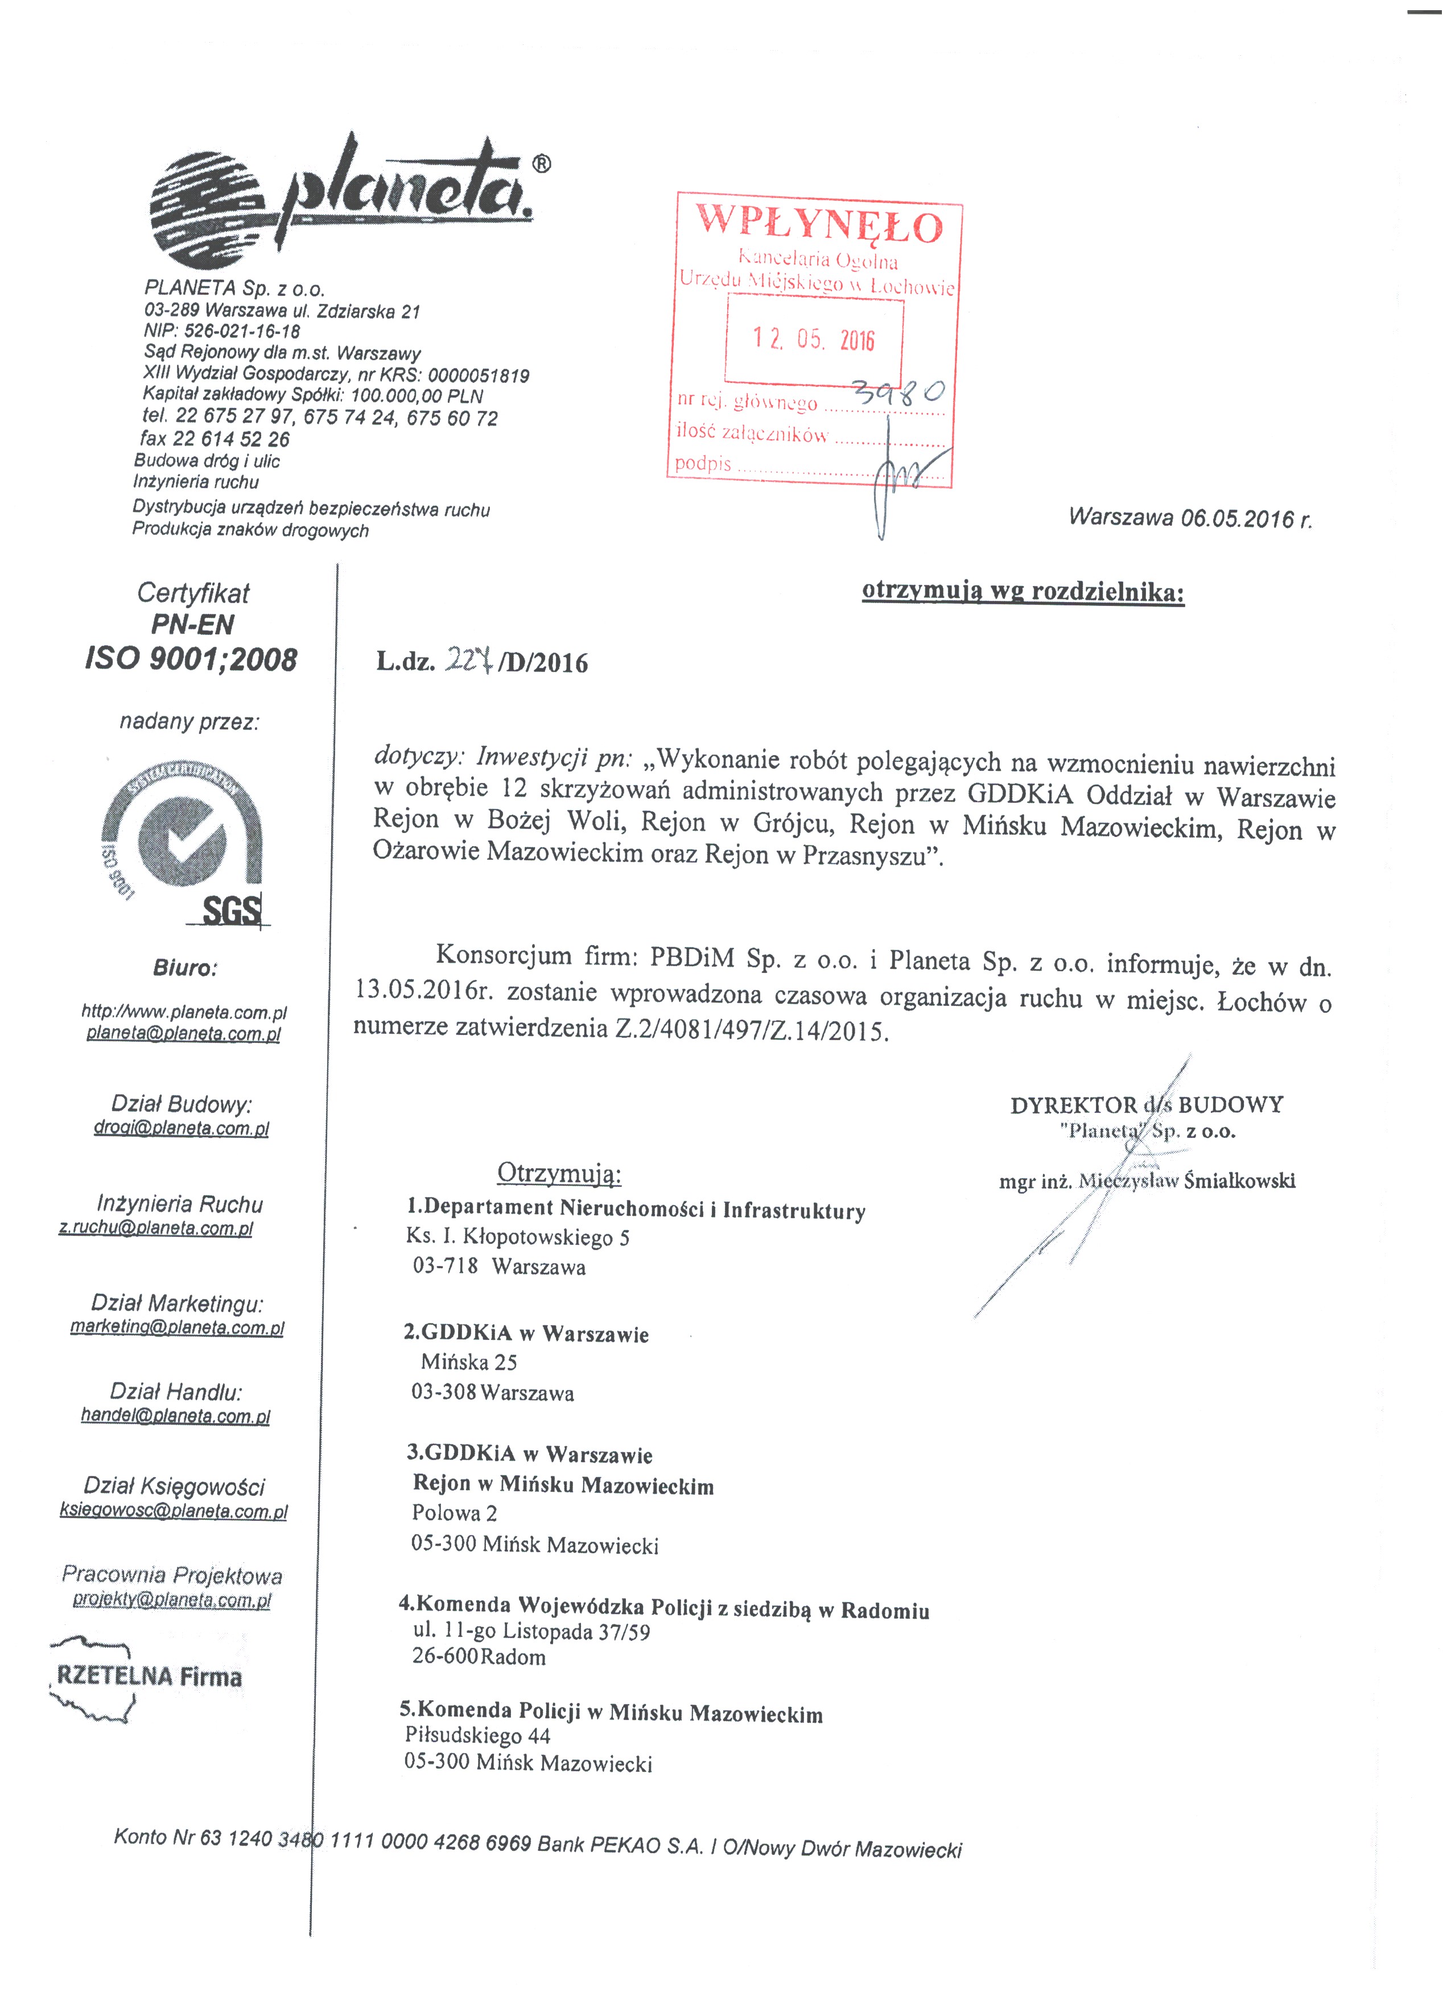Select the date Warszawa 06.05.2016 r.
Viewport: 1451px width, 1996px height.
coord(1190,517)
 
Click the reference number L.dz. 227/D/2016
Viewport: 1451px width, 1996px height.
coord(482,661)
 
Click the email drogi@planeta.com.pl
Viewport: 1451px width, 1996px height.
coord(182,1128)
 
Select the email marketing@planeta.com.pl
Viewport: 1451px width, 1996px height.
coord(177,1327)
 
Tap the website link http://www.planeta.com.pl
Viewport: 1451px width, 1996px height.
coord(184,1012)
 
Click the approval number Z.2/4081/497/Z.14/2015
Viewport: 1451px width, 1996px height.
coord(752,1030)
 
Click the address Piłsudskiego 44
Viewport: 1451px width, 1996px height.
coord(477,1735)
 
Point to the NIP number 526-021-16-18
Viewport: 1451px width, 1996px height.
coord(222,332)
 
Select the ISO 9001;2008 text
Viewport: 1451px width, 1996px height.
coord(191,659)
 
